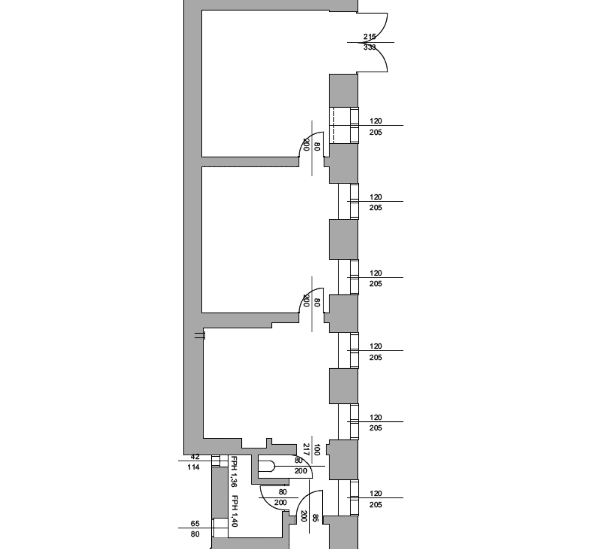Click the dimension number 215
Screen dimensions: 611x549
click(x=370, y=36)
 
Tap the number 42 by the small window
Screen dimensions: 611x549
click(x=195, y=457)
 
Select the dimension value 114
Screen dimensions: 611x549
click(x=193, y=467)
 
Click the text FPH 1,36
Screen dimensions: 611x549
click(x=234, y=471)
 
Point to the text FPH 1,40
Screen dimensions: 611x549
click(x=234, y=511)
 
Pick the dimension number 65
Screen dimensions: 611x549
click(x=195, y=523)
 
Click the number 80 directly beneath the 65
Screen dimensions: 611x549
click(x=195, y=534)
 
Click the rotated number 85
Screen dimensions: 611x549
click(x=315, y=518)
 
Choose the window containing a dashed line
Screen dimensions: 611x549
click(x=344, y=125)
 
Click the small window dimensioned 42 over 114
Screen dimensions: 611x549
click(x=216, y=461)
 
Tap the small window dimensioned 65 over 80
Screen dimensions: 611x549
click(x=216, y=528)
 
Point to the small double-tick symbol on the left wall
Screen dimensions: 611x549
click(x=200, y=336)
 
